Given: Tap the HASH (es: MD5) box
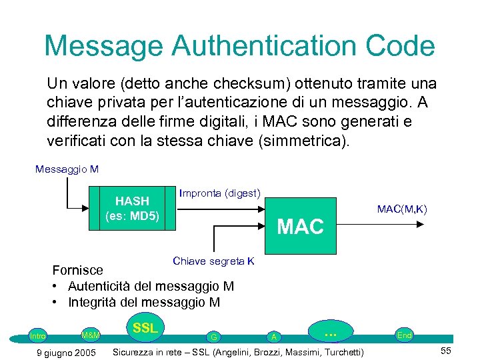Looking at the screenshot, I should [133, 208].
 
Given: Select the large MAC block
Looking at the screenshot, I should [301, 226].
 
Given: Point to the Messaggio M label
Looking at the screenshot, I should [67, 169].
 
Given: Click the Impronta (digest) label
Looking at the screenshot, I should [219, 193].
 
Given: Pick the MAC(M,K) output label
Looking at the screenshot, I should [401, 209].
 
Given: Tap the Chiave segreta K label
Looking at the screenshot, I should [213, 261].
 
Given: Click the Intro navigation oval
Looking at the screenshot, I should [38, 336].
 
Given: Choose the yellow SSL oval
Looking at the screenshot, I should [145, 328].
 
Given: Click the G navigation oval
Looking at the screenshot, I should [213, 337].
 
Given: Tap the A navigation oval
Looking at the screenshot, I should [273, 337].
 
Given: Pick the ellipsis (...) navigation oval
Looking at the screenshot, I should [329, 331].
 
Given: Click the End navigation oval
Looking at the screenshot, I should [404, 335].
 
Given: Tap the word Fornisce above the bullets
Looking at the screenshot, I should [78, 270].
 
